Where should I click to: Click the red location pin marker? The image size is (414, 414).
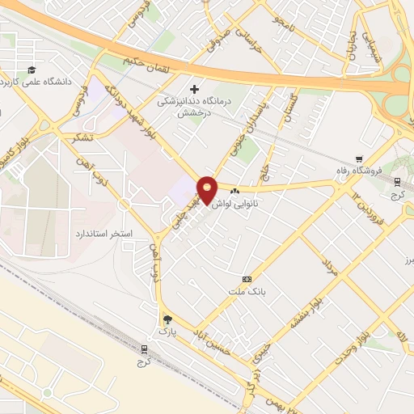point(207,189)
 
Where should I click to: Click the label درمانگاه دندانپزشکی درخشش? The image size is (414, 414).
point(194,108)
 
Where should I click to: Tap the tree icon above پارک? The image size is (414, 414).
point(167,319)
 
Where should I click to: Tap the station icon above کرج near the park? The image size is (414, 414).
point(145,349)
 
